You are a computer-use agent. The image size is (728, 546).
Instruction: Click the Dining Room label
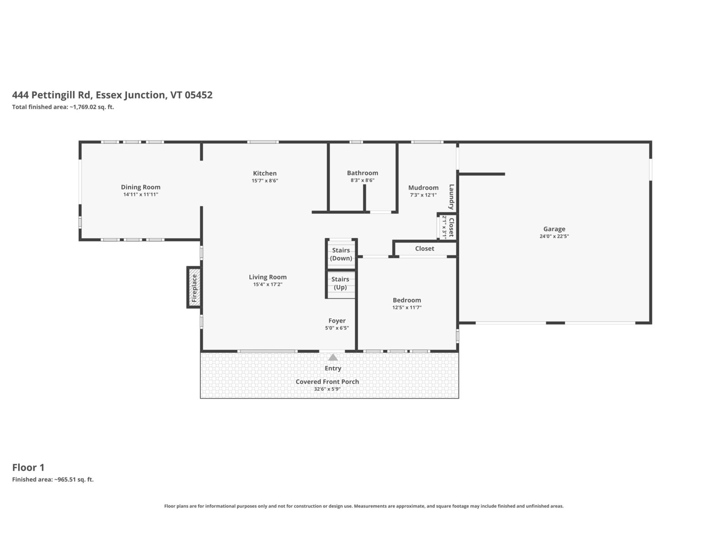[140, 187]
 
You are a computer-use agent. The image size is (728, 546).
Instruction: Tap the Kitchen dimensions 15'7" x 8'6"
[265, 181]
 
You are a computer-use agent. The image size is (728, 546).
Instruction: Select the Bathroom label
[363, 173]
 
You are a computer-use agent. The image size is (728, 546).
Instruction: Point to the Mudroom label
[423, 187]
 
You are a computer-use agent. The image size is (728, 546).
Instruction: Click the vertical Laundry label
[451, 197]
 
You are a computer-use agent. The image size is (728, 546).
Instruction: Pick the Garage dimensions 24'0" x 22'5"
[554, 236]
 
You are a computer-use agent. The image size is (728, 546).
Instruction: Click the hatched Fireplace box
[194, 288]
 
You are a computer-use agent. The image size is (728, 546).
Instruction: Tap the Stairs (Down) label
[341, 254]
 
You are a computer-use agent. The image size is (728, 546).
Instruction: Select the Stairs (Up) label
[340, 283]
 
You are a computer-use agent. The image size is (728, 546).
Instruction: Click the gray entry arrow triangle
[333, 357]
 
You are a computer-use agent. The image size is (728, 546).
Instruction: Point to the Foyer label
[337, 321]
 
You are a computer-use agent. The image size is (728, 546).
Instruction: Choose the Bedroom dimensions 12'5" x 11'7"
[407, 307]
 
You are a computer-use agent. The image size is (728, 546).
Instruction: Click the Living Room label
[268, 277]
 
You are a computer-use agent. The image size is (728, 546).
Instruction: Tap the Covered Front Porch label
[327, 382]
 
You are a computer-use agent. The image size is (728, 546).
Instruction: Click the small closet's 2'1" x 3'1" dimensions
[444, 227]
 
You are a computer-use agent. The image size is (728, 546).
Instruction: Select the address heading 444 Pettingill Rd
[51, 95]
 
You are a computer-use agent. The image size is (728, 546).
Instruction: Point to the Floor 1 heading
[28, 467]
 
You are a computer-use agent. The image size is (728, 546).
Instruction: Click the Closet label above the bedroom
[425, 248]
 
